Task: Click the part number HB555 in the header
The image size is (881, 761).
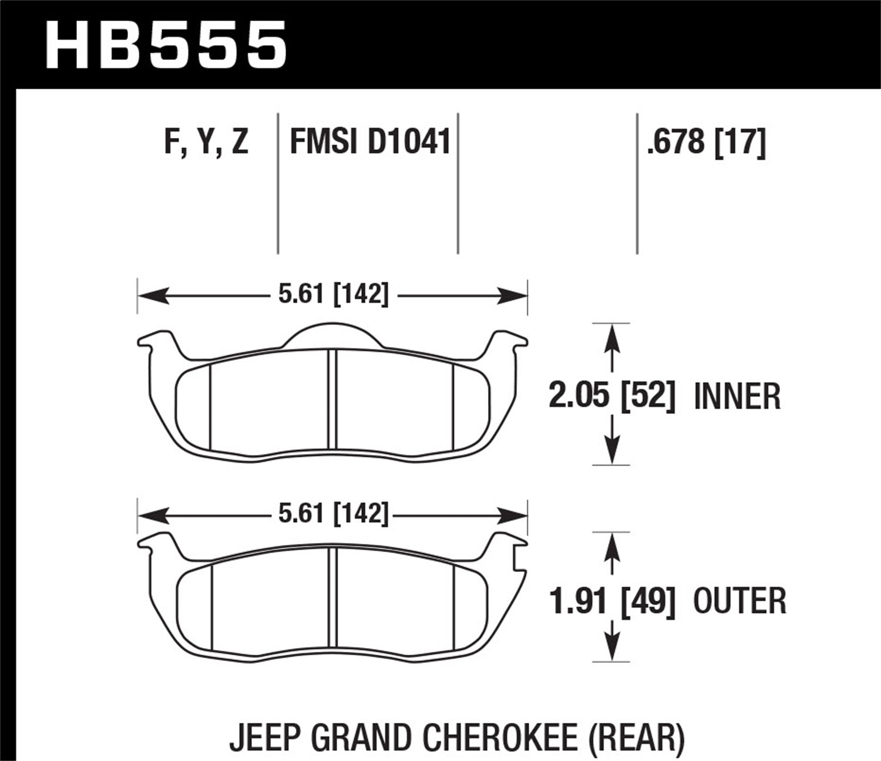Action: [166, 44]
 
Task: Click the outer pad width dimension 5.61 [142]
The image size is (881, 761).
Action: [333, 515]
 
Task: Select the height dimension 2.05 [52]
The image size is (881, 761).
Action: [611, 396]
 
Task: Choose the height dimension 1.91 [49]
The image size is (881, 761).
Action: [611, 600]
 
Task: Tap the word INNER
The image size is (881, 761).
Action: [737, 397]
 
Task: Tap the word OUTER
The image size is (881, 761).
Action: [739, 601]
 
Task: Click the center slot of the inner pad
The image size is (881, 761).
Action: [332, 399]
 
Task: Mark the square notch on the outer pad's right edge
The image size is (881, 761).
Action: [519, 557]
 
